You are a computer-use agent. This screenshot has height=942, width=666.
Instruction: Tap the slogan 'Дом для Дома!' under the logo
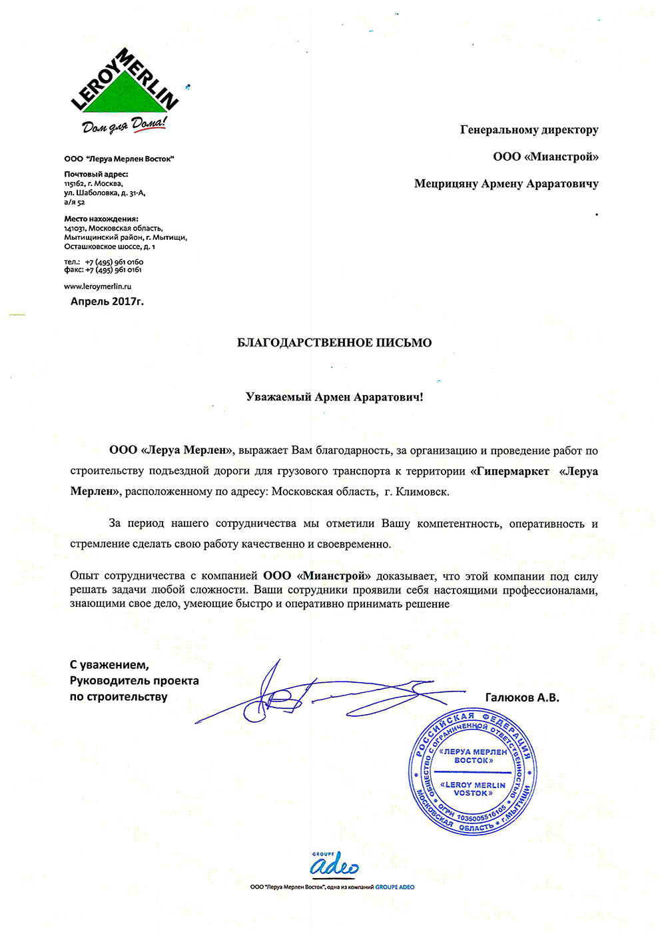point(124,125)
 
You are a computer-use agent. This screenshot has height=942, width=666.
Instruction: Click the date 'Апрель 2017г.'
point(107,301)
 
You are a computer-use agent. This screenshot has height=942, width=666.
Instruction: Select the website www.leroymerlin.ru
point(98,286)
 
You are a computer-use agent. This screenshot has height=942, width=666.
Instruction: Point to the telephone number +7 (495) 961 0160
point(114,262)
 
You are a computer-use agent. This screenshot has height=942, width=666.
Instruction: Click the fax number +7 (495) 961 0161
point(113,270)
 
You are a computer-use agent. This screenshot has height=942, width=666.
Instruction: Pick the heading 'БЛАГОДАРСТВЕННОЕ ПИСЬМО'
point(334,343)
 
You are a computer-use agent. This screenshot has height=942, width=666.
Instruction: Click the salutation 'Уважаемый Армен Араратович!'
point(334,397)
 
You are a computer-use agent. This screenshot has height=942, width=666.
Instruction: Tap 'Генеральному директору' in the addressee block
point(529,130)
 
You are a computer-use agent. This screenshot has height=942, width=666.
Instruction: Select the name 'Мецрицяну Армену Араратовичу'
point(506,184)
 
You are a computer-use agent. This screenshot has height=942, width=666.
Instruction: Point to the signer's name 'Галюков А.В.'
point(522,698)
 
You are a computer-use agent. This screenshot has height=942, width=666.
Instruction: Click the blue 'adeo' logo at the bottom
point(334,865)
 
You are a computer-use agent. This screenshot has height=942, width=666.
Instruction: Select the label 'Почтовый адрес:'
point(96,175)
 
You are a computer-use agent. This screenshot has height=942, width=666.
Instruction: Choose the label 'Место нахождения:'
point(101,219)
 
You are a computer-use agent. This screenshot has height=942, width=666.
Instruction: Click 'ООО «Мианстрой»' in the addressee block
point(545,157)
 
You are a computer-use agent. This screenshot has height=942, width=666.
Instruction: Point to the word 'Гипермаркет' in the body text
point(513,472)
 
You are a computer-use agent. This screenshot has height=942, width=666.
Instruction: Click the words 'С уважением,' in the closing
point(109,665)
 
